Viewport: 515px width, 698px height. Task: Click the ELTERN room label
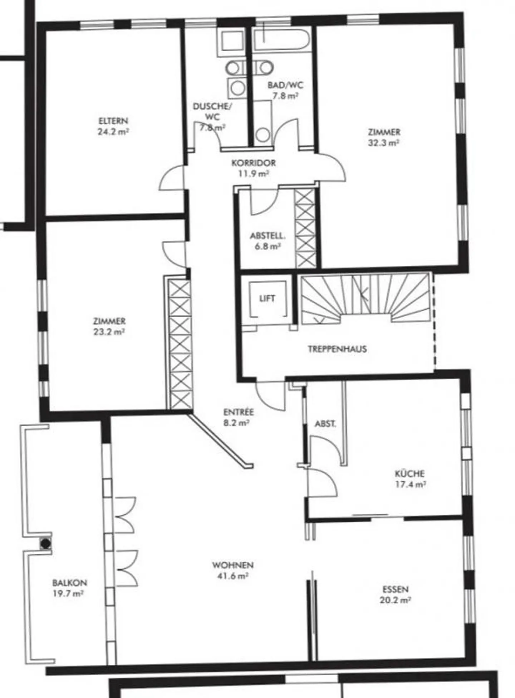point(113,121)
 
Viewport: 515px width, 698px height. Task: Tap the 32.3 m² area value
point(383,143)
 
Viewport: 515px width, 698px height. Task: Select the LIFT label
point(267,298)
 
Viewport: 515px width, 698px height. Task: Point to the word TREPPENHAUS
point(337,349)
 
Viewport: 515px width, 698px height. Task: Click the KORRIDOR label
point(254,163)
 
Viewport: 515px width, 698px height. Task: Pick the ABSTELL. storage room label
point(268,236)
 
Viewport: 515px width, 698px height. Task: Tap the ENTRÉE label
point(239,412)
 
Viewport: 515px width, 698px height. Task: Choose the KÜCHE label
point(410,473)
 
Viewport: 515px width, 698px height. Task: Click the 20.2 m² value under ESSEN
point(395,600)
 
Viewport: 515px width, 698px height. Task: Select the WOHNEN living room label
point(233,565)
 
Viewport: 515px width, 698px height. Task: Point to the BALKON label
point(69,583)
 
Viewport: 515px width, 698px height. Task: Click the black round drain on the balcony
point(45,543)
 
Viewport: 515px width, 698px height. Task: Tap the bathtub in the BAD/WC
point(281,39)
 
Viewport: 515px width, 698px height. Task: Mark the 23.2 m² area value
point(109,332)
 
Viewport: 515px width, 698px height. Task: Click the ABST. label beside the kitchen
point(325,424)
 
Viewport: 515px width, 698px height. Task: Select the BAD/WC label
point(285,85)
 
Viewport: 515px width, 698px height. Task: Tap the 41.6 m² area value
point(233,576)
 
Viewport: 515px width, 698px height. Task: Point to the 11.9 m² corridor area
point(254,174)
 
